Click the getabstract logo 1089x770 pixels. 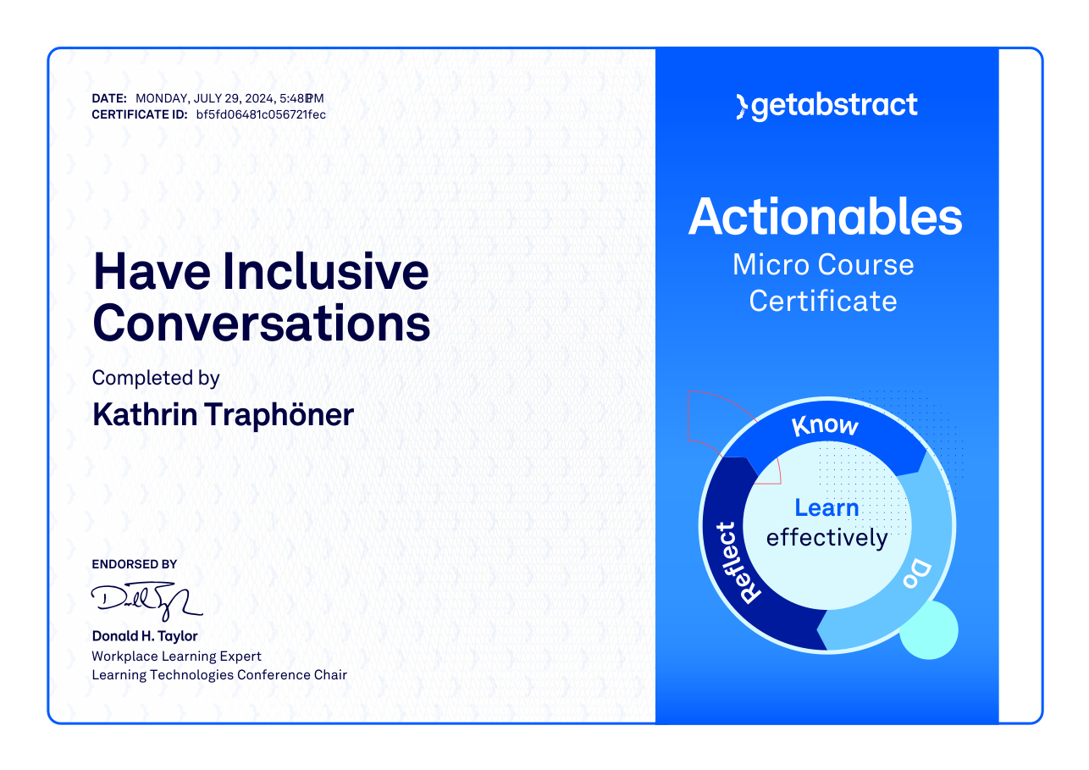827,106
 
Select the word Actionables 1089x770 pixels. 825,217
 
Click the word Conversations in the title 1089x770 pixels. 262,323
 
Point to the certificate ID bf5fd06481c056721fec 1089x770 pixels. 261,115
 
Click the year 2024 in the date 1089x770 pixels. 259,99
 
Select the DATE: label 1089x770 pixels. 109,99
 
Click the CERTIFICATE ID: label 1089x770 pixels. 140,115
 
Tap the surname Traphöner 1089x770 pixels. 279,415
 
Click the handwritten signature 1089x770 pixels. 146,601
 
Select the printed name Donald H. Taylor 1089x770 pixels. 145,636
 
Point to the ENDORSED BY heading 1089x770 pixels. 134,564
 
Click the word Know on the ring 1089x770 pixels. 825,425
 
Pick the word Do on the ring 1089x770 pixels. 917,574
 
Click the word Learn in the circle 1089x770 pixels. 826,507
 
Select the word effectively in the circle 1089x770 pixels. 827,538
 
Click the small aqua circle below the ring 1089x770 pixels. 929,630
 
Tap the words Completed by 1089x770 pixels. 156,379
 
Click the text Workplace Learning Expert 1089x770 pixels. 176,656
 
